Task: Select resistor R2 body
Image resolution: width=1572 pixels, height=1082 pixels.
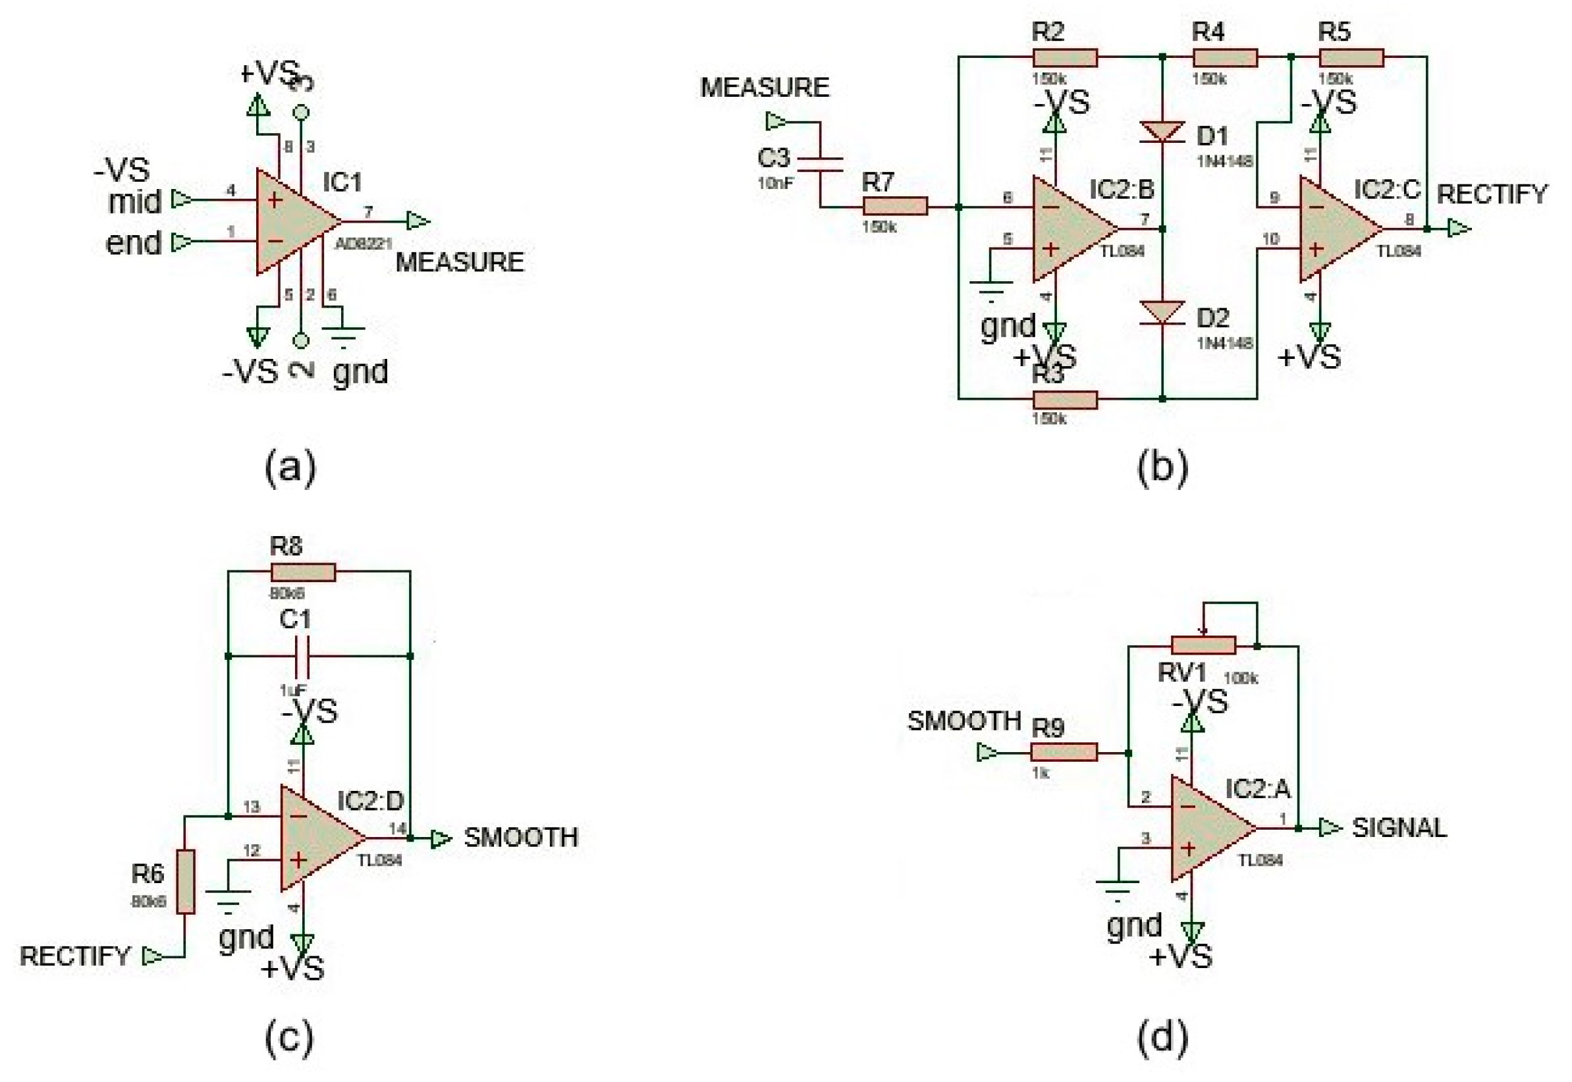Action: pos(1064,58)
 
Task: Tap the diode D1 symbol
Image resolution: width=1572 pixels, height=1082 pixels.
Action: pos(1162,132)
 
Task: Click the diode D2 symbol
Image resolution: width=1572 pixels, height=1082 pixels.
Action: pos(1162,313)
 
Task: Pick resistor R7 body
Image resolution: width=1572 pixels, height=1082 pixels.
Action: pos(894,206)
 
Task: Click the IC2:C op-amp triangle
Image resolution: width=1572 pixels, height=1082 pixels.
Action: pos(1336,229)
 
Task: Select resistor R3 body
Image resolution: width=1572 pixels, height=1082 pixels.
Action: pos(1064,399)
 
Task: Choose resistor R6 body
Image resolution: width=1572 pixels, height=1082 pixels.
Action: pos(185,880)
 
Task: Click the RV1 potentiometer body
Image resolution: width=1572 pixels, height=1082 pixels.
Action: pos(1203,645)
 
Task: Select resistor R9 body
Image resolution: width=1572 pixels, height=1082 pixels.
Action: pos(1063,752)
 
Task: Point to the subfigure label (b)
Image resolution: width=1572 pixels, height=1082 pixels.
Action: pos(1162,468)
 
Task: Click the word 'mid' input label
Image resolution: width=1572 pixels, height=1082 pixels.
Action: pos(135,202)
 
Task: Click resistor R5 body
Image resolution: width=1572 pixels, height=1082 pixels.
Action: pos(1350,58)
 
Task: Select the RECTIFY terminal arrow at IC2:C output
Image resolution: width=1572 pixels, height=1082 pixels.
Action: pos(1458,229)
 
